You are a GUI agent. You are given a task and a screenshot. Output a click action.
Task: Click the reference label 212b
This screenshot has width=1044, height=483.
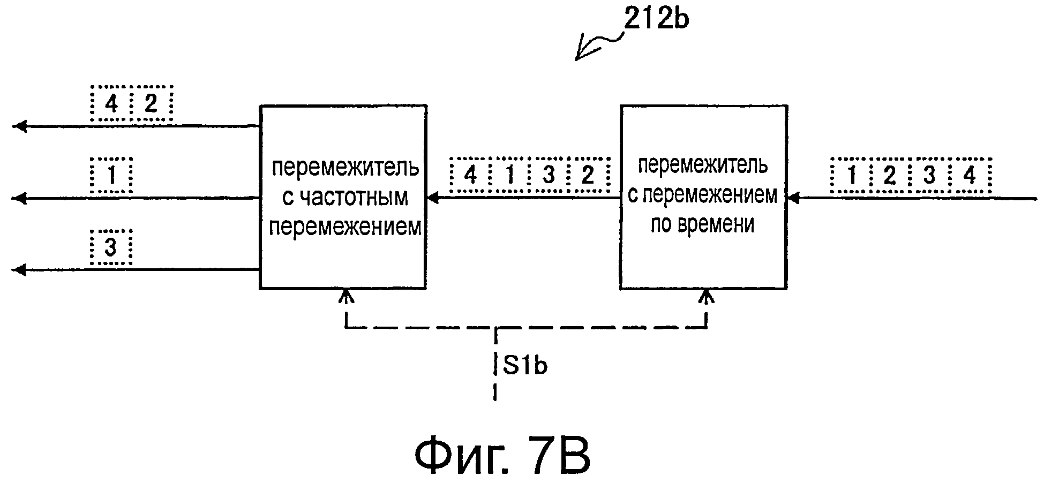[656, 20]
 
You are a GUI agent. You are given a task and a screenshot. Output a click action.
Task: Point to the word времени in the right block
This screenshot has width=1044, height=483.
[702, 224]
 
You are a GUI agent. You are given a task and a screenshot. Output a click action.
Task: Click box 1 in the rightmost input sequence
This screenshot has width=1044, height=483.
[851, 176]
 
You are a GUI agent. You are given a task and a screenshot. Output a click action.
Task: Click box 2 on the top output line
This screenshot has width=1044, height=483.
[151, 103]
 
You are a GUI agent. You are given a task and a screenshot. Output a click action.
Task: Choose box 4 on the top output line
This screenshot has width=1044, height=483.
[111, 103]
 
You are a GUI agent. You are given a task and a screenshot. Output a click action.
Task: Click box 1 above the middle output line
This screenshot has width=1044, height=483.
[111, 176]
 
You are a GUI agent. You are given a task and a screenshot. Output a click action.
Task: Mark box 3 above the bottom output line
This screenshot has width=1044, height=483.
[111, 247]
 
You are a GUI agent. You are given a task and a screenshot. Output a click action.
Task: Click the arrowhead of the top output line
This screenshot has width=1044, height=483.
[19, 126]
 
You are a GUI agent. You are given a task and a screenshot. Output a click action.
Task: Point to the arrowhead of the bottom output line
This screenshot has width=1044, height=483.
[19, 270]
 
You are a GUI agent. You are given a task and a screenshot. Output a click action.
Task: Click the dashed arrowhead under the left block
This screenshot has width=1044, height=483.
[347, 296]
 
